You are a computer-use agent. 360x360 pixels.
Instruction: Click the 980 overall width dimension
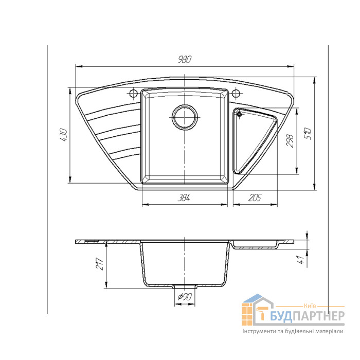pyautogui.click(x=185, y=60)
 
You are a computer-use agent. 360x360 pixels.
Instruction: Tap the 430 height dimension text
pyautogui.click(x=64, y=135)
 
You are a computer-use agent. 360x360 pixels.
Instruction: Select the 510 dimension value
pyautogui.click(x=308, y=134)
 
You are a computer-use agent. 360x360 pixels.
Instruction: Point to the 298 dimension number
pyautogui.click(x=290, y=141)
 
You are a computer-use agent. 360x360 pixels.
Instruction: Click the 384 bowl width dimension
pyautogui.click(x=184, y=197)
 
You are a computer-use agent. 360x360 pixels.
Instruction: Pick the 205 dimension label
pyautogui.click(x=255, y=197)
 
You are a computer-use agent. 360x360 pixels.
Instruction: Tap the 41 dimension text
pyautogui.click(x=300, y=259)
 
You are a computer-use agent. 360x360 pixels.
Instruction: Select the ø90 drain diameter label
pyautogui.click(x=185, y=297)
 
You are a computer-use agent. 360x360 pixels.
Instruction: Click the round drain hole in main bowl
pyautogui.click(x=185, y=117)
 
